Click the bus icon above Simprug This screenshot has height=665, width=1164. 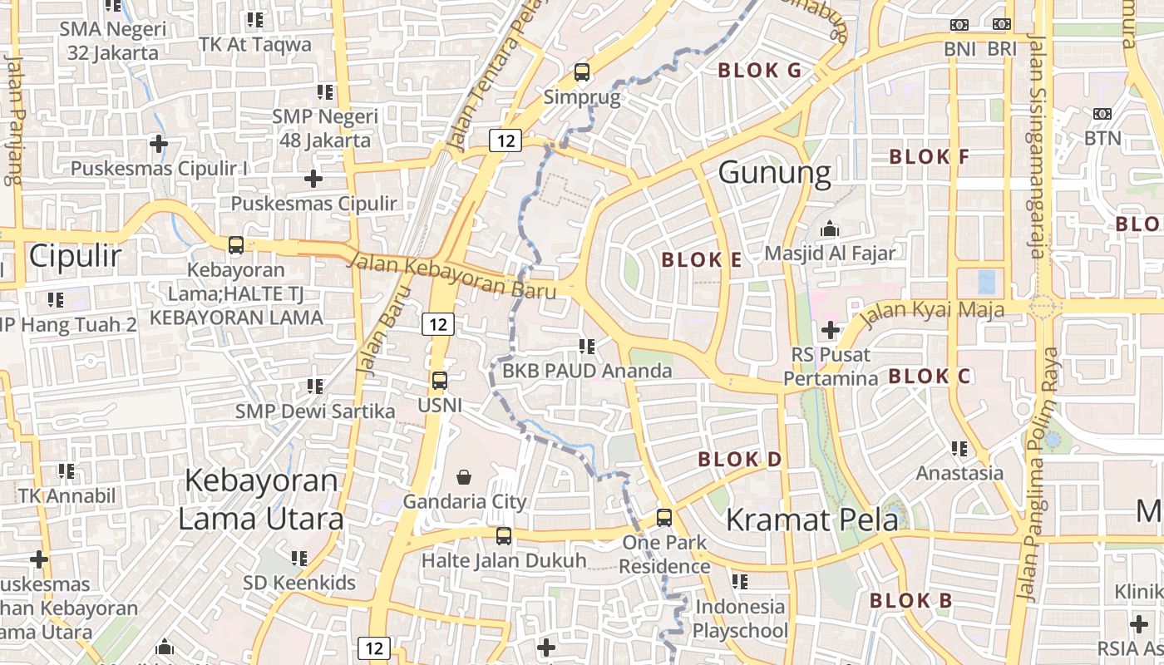(582, 72)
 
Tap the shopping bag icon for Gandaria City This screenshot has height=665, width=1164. (464, 477)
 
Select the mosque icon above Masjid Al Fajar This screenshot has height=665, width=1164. (829, 229)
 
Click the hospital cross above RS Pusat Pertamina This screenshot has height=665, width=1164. (830, 330)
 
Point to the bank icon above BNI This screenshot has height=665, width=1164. (959, 25)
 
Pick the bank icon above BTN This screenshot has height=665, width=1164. (1102, 114)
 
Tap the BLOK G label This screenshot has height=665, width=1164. (759, 71)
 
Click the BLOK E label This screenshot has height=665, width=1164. (701, 260)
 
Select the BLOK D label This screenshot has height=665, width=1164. (739, 459)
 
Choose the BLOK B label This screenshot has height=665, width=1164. (910, 600)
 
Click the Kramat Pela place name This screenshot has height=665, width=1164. (811, 520)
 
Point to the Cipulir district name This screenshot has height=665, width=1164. (75, 256)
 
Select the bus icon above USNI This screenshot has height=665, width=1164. (440, 381)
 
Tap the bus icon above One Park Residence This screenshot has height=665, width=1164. (664, 518)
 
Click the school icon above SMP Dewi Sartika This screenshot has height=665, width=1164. (314, 386)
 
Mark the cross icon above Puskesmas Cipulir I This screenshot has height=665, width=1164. (159, 144)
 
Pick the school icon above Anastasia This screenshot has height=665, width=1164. (959, 449)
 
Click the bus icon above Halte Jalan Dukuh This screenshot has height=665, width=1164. (504, 536)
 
